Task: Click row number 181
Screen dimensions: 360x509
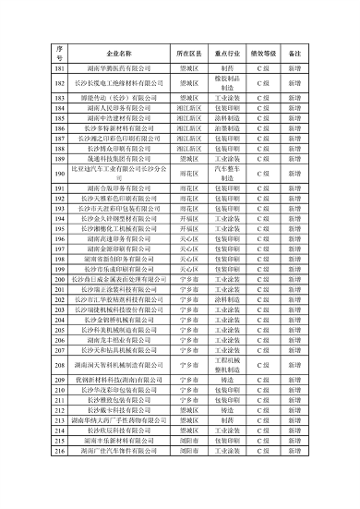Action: [x=59, y=69]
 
